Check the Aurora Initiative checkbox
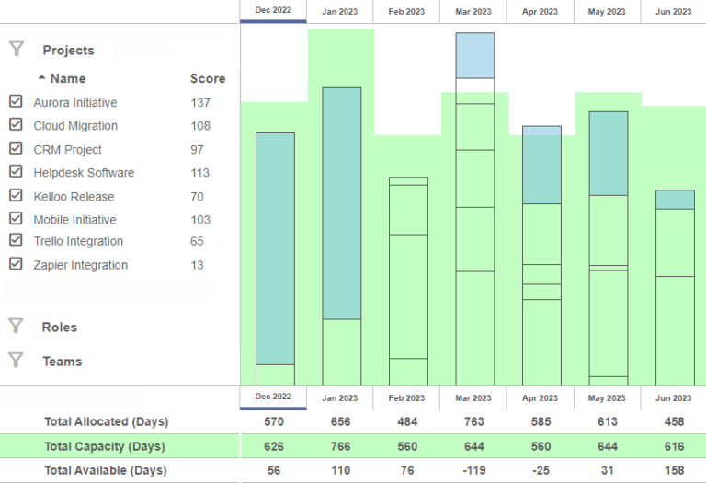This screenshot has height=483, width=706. click(16, 101)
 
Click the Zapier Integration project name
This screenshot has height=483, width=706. click(80, 265)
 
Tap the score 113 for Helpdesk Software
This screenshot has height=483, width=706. click(200, 172)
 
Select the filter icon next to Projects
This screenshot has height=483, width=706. click(16, 49)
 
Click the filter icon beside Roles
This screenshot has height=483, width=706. click(16, 326)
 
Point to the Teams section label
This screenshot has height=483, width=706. click(62, 362)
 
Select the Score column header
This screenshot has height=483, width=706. click(208, 78)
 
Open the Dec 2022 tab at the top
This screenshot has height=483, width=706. click(273, 11)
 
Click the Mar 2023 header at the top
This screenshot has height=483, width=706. click(473, 12)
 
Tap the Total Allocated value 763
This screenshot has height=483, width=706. click(473, 421)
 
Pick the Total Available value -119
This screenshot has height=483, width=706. click(473, 471)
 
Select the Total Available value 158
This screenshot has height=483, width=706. click(673, 471)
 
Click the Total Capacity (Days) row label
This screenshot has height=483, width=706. click(104, 446)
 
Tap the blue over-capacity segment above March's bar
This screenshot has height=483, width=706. click(475, 55)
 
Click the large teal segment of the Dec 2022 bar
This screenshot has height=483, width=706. click(275, 248)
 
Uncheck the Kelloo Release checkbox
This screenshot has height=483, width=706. click(16, 195)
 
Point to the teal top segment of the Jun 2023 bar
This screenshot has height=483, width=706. click(675, 200)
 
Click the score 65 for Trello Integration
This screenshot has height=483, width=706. click(197, 241)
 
